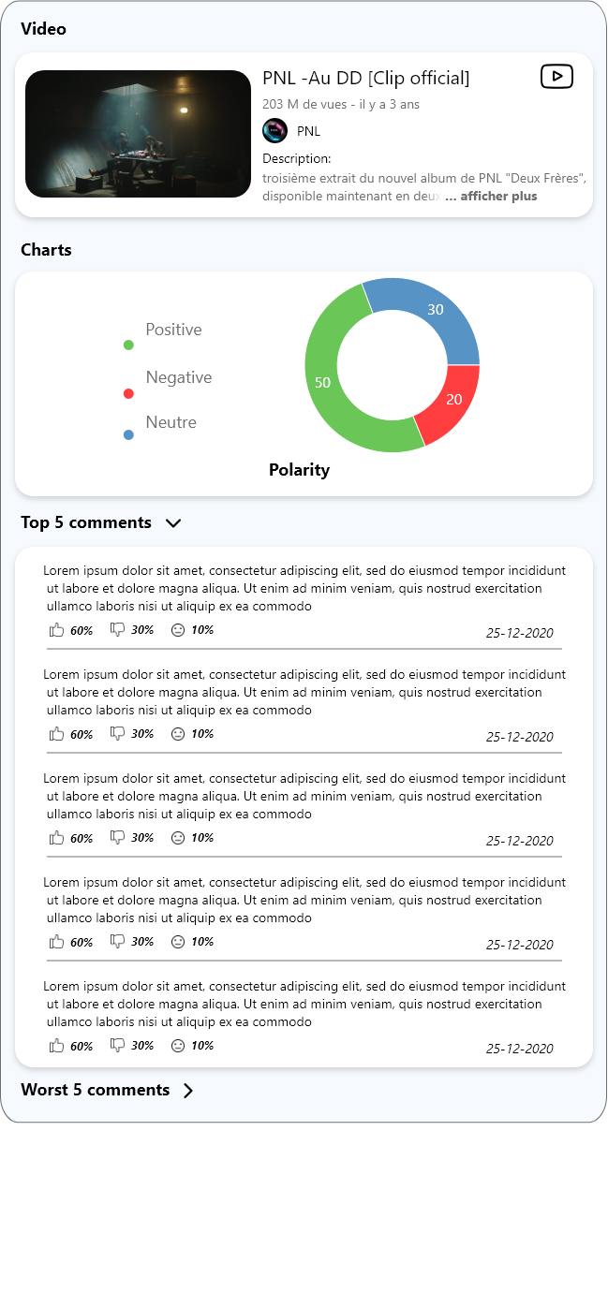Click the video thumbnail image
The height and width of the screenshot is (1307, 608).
point(138,134)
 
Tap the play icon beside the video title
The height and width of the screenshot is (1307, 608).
point(556,77)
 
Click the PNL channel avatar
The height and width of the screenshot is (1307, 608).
point(274,131)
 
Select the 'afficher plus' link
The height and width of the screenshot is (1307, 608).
point(498,197)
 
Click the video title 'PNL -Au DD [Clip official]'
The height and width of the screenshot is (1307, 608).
point(365,78)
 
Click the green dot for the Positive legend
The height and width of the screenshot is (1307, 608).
point(128,345)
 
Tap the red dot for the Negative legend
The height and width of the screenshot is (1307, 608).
point(128,393)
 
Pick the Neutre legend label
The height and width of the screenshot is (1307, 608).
point(171,422)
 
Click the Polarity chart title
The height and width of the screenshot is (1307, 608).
point(299,470)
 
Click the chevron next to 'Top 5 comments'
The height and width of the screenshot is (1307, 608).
point(173,523)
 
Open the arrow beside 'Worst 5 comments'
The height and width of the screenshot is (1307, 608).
point(188,1091)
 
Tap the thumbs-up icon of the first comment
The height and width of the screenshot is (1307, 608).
point(57,630)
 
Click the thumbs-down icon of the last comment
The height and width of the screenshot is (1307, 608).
point(117,1045)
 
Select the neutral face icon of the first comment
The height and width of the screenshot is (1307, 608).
point(178,630)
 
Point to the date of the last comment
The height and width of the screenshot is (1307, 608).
point(519,1049)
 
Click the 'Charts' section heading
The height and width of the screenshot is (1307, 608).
point(46,250)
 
